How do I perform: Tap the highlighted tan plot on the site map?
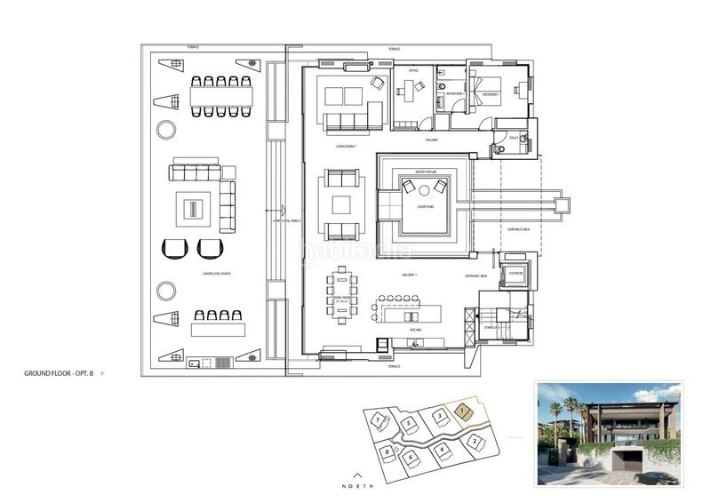(463, 411)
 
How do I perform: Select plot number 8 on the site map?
(388, 451)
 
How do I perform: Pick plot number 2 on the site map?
(475, 442)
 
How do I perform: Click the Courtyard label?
(424, 207)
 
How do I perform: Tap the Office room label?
(412, 70)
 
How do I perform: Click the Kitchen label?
(414, 329)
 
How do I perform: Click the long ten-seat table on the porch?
(220, 95)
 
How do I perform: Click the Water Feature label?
(424, 171)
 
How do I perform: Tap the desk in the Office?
(410, 87)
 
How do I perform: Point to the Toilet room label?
(513, 137)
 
